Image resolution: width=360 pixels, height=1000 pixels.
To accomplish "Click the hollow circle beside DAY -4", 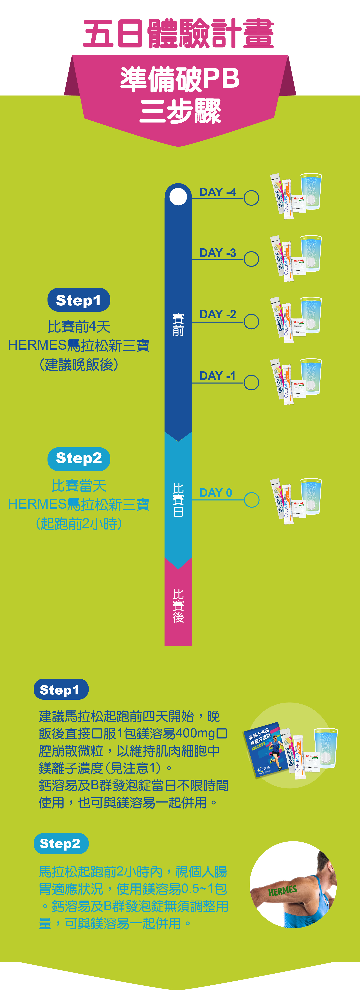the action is [x=251, y=198].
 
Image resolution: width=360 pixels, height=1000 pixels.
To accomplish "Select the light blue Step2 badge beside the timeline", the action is [x=79, y=458].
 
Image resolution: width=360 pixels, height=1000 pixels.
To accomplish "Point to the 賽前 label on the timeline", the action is [x=178, y=324].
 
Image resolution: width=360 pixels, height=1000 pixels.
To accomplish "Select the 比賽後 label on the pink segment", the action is [x=178, y=606].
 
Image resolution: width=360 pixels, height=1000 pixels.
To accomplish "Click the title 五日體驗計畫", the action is [x=179, y=34].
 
